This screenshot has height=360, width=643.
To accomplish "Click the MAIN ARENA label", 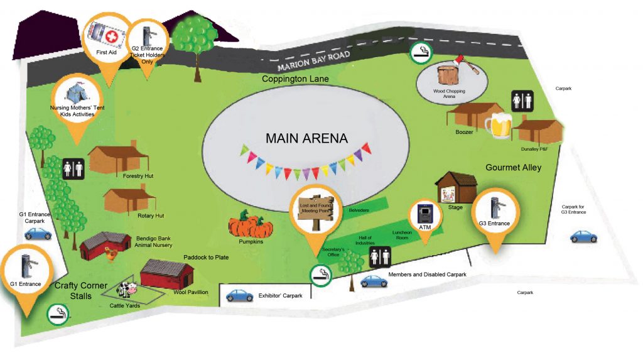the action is (x=306, y=138).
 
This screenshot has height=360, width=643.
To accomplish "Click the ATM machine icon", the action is (x=425, y=214).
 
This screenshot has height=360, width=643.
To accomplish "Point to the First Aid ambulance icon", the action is (x=106, y=36).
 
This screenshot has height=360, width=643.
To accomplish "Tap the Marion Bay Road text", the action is (x=314, y=61).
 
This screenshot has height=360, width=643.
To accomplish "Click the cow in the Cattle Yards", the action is (x=127, y=289).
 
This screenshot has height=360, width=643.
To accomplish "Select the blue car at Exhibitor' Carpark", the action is (x=239, y=295).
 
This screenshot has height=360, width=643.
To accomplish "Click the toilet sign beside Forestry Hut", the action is (x=73, y=169).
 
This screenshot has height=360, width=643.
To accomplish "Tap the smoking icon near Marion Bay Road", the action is (x=421, y=53).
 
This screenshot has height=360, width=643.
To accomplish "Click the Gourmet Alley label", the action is (x=514, y=168).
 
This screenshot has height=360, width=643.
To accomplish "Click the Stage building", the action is (x=456, y=188).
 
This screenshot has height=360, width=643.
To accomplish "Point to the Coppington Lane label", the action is (x=295, y=79).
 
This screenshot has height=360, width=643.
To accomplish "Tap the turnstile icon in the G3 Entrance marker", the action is (x=497, y=208).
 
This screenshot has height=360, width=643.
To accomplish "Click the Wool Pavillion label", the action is (x=191, y=292).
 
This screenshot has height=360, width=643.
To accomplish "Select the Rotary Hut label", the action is (x=151, y=215).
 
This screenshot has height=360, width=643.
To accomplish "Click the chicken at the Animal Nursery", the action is (x=111, y=254).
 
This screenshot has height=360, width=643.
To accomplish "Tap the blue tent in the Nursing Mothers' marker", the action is (x=77, y=94).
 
